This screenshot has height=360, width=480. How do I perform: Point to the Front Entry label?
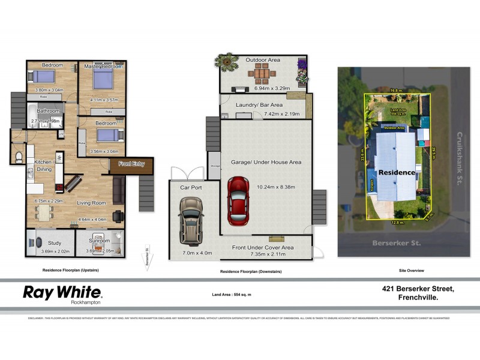coord(131,164)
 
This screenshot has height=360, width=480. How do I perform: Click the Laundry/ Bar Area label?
coord(256,106)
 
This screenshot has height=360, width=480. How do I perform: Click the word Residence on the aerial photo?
coord(396,172)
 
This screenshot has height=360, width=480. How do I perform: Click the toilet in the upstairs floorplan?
coord(18,157)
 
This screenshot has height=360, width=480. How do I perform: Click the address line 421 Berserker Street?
coord(418,289)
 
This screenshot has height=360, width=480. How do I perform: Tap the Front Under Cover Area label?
coord(263,247)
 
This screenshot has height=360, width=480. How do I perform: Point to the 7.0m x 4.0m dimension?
coord(197,253)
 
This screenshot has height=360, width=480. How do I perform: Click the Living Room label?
coord(91,203)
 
